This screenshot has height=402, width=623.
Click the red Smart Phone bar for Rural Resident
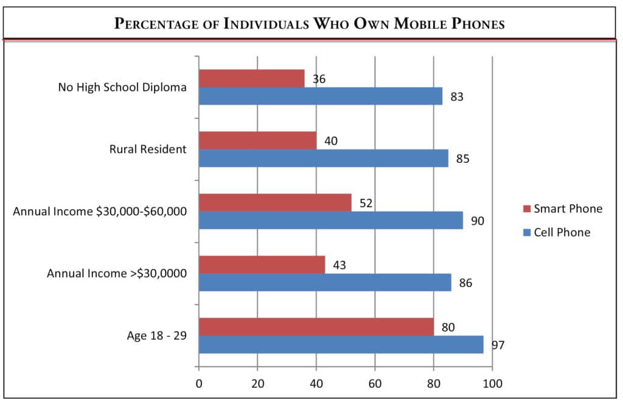[258, 140]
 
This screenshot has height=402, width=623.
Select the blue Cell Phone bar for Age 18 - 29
[341, 344]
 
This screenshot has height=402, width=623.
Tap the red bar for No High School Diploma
[252, 78]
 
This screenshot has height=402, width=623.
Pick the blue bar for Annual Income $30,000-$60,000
[331, 220]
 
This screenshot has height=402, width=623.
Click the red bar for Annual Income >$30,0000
[262, 265]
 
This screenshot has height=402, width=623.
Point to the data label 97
[499, 345]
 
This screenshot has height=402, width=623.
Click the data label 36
[319, 79]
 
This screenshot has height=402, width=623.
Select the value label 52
[366, 203]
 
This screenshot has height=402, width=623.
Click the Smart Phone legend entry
[562, 209]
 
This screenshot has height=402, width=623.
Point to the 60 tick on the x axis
[375, 384]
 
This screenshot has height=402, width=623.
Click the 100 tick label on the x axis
[492, 384]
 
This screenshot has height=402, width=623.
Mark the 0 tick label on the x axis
[199, 384]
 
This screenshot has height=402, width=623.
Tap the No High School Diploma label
[122, 87]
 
